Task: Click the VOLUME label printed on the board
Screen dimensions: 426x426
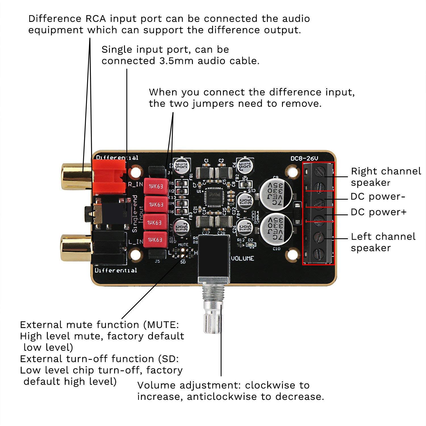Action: pyautogui.click(x=242, y=258)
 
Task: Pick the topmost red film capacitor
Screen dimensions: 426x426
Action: pyautogui.click(x=156, y=187)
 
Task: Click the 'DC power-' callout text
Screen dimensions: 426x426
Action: pyautogui.click(x=378, y=197)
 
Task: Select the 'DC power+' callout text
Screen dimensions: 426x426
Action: pyautogui.click(x=379, y=212)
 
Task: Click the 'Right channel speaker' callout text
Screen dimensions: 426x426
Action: pyautogui.click(x=386, y=177)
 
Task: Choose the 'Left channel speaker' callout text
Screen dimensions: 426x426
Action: pyautogui.click(x=383, y=242)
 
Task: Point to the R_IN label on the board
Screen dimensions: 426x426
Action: pyautogui.click(x=135, y=184)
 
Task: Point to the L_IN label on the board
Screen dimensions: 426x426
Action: pyautogui.click(x=135, y=242)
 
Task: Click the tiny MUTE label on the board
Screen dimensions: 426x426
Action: pyautogui.click(x=183, y=244)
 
